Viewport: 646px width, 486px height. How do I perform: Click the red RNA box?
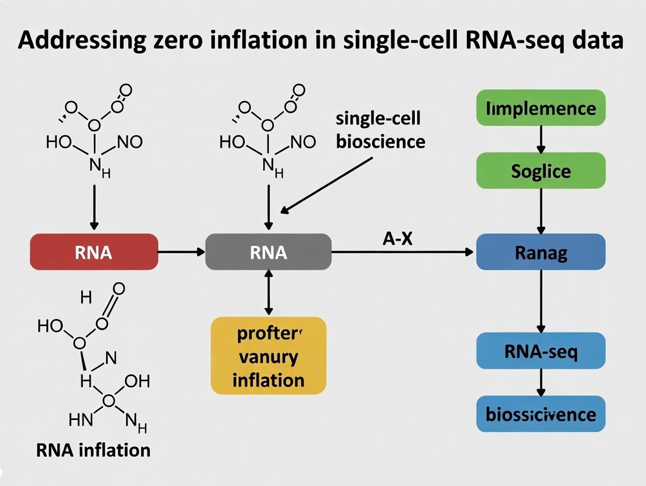coord(94,252)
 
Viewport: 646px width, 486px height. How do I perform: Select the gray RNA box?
coord(268,252)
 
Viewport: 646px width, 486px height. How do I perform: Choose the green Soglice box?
coord(540,171)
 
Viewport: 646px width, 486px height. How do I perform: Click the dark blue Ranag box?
coord(540,252)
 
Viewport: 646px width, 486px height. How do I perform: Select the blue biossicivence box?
coord(540,414)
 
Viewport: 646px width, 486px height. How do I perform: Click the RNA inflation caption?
coord(93,450)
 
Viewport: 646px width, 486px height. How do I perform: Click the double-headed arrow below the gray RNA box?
coord(268,293)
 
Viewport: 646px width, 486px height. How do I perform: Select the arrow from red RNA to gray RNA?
coord(181,252)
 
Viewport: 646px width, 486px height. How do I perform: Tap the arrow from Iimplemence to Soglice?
coord(540,139)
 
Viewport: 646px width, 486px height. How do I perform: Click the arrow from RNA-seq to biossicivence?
coord(540,382)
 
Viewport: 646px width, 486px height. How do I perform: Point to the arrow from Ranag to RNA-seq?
coord(540,301)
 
